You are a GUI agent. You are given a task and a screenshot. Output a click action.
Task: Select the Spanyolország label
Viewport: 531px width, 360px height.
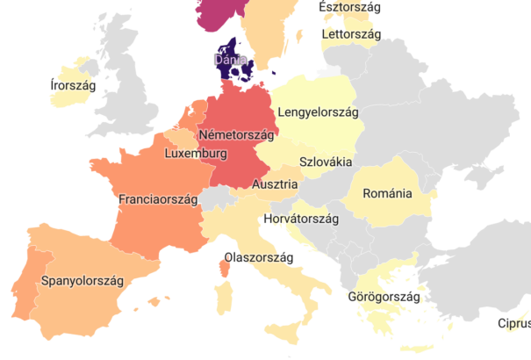pyautogui.click(x=82, y=281)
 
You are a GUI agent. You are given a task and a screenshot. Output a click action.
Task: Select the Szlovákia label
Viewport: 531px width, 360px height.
pyautogui.click(x=326, y=162)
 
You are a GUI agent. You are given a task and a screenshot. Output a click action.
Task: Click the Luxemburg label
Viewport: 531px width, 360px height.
pyautogui.click(x=196, y=154)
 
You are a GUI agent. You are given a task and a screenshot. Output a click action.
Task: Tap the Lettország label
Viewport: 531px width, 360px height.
pyautogui.click(x=350, y=34)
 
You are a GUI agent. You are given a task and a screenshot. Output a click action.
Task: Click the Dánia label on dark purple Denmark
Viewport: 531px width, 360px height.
pyautogui.click(x=229, y=60)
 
